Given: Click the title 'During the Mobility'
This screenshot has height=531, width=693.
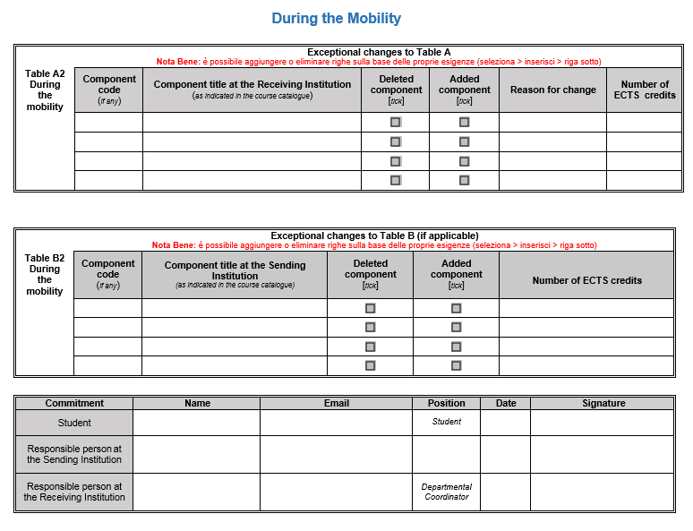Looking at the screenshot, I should point(336,18).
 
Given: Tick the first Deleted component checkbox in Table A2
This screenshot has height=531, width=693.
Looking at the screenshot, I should point(395,122).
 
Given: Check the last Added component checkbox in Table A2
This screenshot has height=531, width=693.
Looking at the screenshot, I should point(464,180).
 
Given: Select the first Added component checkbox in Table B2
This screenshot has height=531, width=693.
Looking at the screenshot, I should point(456,308).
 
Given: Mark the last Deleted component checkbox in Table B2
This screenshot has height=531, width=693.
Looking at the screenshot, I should point(370,365).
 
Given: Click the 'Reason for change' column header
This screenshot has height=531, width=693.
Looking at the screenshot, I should point(552,90).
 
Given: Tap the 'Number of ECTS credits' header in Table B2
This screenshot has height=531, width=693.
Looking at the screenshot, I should point(586,280).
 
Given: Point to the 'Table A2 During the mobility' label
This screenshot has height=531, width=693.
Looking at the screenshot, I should point(45,90).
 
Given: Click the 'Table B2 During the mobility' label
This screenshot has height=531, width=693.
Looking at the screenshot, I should point(45,274).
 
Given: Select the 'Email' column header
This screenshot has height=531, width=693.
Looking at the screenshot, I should point(336,403).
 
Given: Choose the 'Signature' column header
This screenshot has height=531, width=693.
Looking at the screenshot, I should point(603,403).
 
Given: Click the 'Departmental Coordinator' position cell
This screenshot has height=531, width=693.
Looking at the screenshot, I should point(446,492).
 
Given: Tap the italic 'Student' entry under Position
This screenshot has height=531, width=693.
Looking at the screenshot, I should point(446,422).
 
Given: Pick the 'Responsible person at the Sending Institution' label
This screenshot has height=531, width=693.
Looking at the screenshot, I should point(74,454).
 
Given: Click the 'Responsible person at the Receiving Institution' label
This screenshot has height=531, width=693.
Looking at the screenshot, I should point(74,492).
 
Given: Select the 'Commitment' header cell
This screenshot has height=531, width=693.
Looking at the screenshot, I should point(74,403).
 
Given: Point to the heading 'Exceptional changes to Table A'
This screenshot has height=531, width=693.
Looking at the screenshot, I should point(379,52).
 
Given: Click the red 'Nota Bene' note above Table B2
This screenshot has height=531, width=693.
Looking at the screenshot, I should point(373,245).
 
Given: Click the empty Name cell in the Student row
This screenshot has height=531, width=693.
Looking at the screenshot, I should point(196,423).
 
